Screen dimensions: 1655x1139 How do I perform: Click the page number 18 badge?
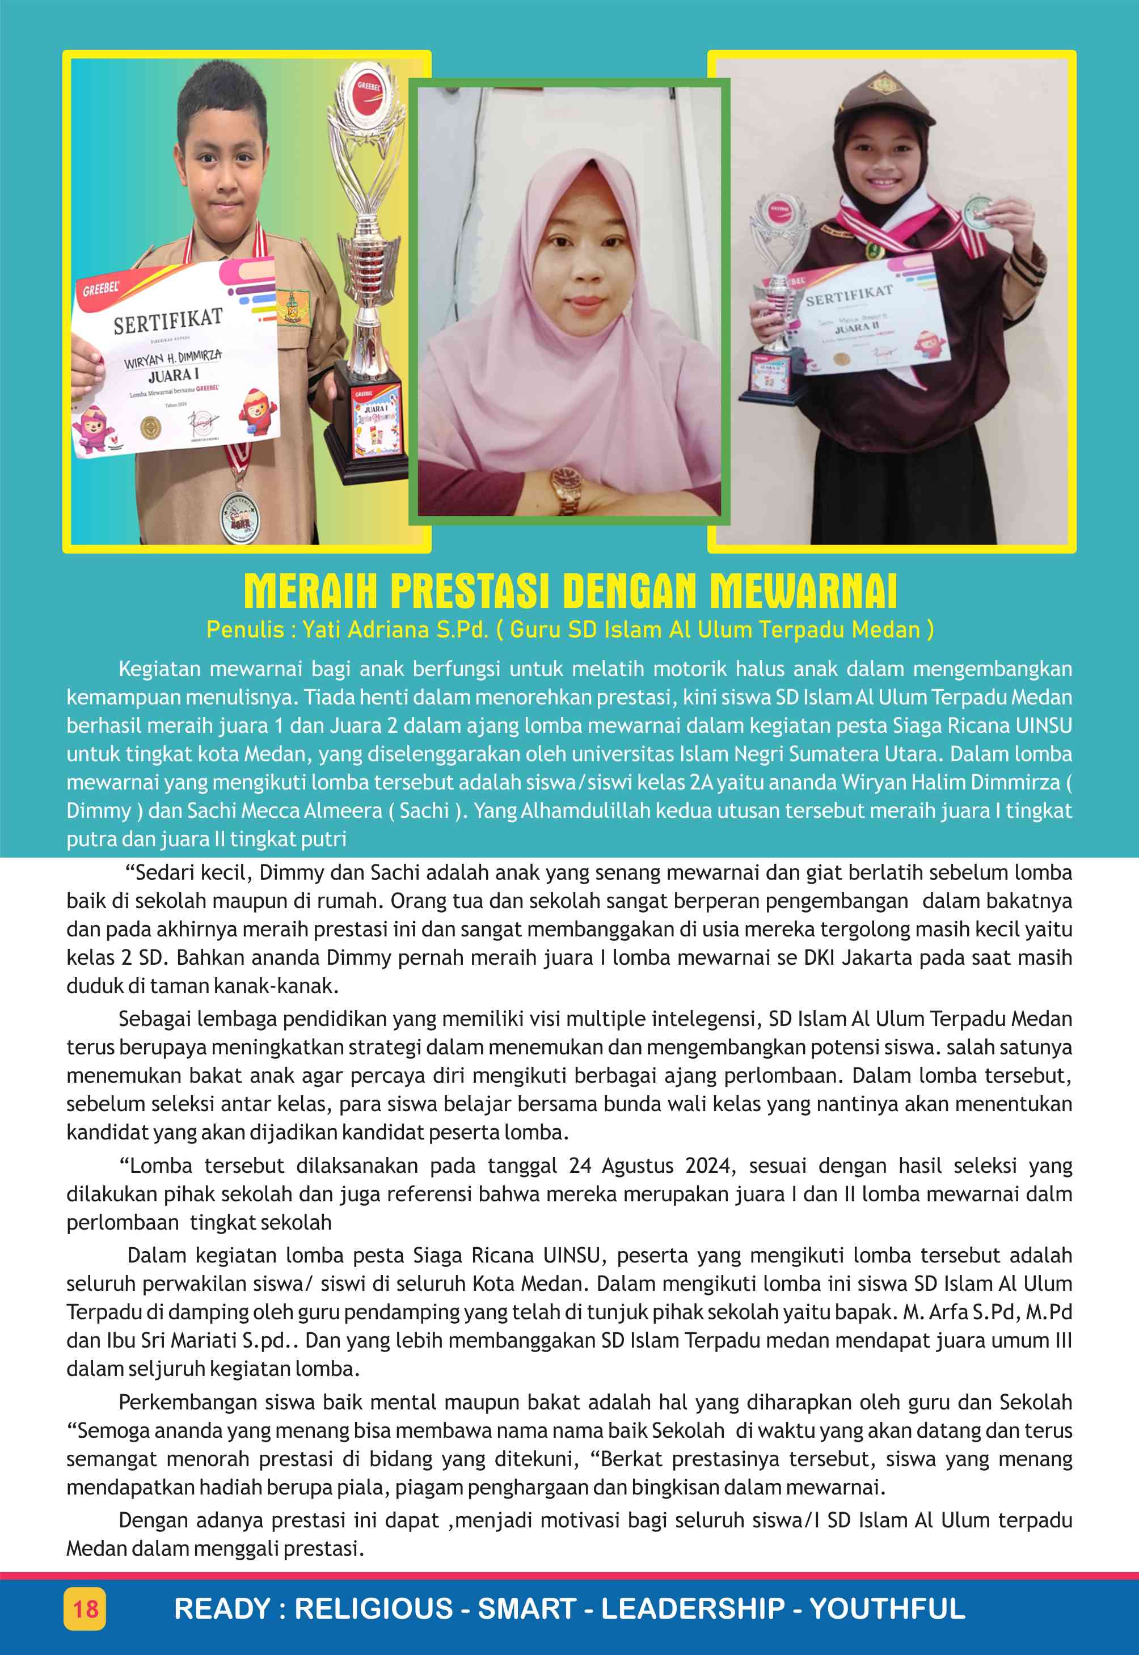point(85,1608)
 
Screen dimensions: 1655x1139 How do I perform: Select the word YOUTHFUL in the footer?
point(887,1608)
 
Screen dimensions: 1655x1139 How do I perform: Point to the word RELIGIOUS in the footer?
point(374,1608)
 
